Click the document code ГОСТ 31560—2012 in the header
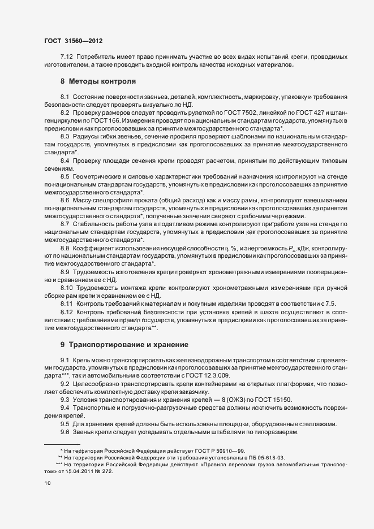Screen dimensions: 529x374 tap(74, 41)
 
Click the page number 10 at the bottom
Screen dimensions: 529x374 tap(47, 483)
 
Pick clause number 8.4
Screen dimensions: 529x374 tap(65, 161)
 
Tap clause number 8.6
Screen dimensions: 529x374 tap(65, 200)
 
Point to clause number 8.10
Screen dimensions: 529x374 tap(67, 287)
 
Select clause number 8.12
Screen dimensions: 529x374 tap(67, 312)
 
